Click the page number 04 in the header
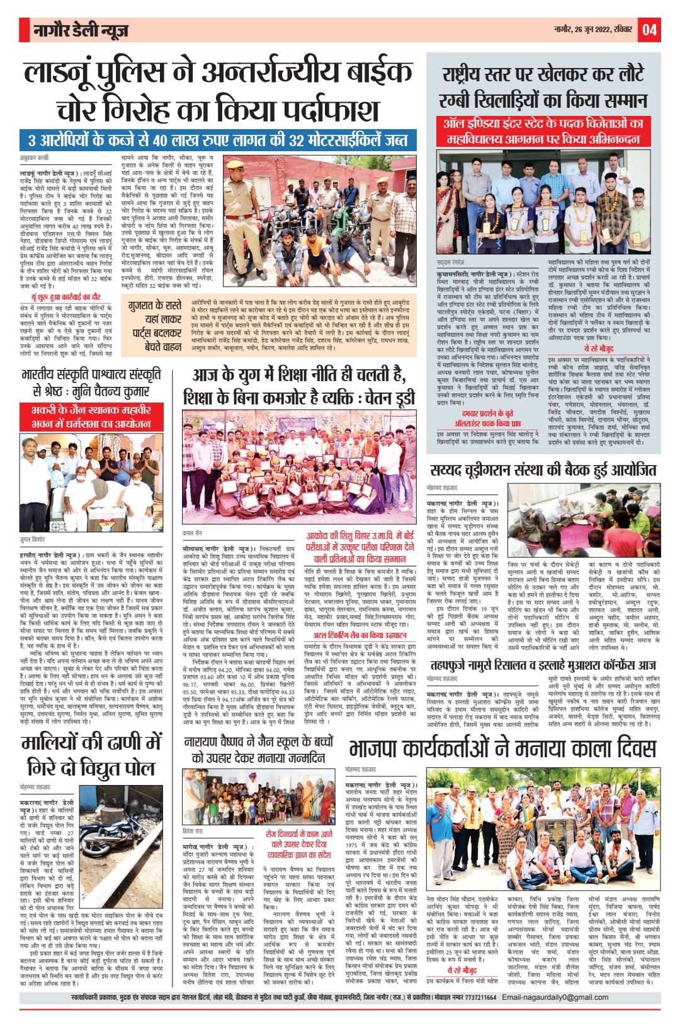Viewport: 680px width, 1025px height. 649,30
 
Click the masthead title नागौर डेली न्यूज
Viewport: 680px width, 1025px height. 81,30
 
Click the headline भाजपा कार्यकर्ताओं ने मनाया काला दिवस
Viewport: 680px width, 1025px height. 502,748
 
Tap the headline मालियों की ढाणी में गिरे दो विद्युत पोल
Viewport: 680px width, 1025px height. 91,755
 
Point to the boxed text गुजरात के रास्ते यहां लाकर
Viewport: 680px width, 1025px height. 154,326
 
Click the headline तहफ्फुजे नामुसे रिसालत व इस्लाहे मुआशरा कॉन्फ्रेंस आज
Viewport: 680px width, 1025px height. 543,665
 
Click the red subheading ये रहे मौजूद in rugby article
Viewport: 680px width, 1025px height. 598,348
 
